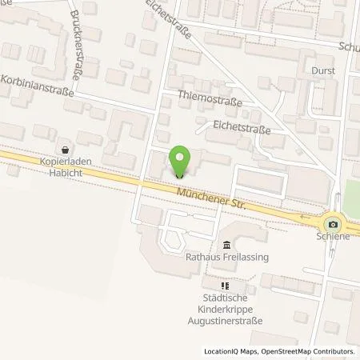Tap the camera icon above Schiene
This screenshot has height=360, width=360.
coord(334,224)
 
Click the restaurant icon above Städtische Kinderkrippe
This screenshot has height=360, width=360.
coord(226,284)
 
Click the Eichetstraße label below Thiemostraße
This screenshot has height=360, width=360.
coord(241,126)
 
